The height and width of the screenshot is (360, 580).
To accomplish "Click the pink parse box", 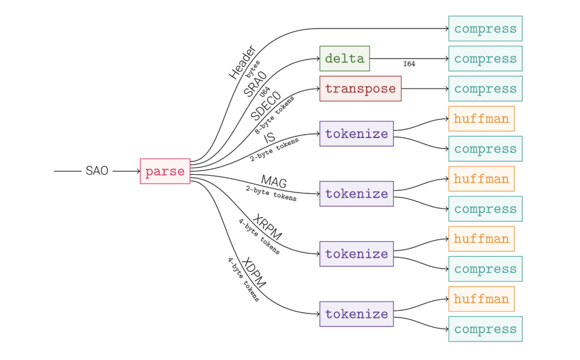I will click(165, 172).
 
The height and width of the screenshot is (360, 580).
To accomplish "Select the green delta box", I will click(344, 59).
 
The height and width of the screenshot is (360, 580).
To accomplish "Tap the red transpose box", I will click(360, 89).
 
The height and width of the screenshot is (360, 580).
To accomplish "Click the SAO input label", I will click(97, 171).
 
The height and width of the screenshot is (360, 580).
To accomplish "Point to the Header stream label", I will click(242, 62).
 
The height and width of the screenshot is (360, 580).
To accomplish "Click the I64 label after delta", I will click(409, 65).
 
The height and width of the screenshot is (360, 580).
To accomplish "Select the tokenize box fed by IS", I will click(356, 134).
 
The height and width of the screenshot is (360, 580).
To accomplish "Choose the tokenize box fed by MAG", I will click(356, 194).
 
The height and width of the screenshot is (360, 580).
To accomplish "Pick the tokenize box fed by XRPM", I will click(356, 254).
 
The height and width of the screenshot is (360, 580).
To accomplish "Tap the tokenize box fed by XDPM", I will click(356, 314).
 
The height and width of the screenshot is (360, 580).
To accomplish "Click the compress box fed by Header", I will click(485, 29).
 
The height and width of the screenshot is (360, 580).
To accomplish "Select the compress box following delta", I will click(485, 59).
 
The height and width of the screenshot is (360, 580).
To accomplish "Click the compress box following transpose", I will click(485, 89).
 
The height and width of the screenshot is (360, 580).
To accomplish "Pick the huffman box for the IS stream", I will click(481, 119).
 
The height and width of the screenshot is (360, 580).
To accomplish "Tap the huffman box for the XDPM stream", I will click(481, 299).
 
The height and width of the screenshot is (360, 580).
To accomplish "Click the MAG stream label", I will click(274, 182).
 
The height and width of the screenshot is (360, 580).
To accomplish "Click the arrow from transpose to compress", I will click(425, 89).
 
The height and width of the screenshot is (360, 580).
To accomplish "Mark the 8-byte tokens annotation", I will click(276, 115).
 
